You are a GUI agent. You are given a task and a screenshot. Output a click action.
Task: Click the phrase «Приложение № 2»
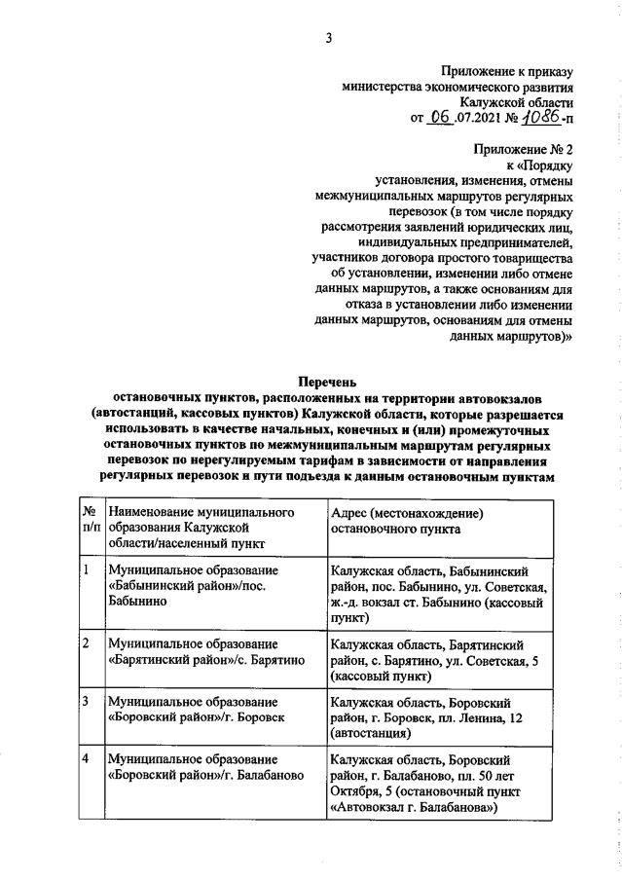(524, 150)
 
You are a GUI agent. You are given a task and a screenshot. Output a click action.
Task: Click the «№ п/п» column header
(89, 520)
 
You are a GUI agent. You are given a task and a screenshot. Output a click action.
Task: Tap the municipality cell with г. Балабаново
(205, 765)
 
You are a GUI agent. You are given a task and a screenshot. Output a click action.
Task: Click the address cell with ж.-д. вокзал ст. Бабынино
(439, 594)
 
